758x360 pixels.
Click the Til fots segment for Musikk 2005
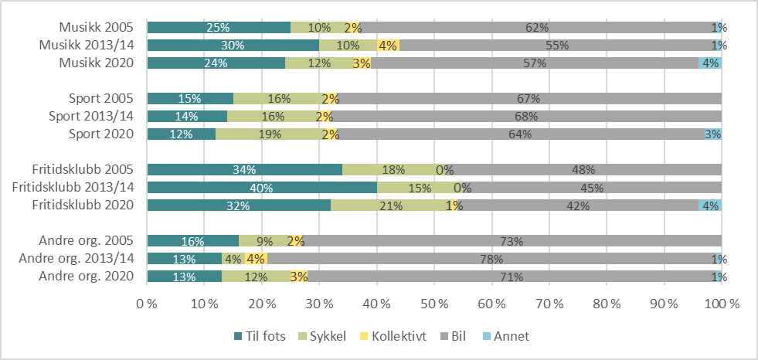pyautogui.click(x=219, y=27)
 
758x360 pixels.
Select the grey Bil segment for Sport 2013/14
pyautogui.click(x=525, y=116)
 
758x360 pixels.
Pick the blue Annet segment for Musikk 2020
pyautogui.click(x=710, y=63)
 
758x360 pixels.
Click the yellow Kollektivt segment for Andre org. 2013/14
pyautogui.click(x=256, y=259)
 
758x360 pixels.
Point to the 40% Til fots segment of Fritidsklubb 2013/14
pyautogui.click(x=261, y=188)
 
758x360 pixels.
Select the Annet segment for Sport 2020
pyautogui.click(x=712, y=134)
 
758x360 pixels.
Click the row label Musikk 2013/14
pyautogui.click(x=87, y=45)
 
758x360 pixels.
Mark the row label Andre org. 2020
pyautogui.click(x=86, y=277)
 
